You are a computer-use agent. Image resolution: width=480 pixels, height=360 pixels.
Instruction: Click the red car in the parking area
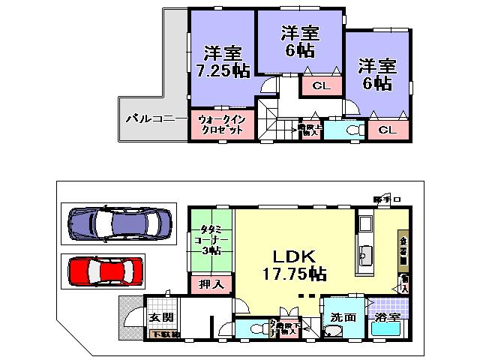point(105,270)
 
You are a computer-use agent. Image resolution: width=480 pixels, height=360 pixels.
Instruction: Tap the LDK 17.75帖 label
point(293,262)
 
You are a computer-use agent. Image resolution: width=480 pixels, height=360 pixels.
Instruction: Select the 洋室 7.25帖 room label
point(223,62)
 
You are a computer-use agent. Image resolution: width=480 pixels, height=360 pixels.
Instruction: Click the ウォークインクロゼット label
point(222,124)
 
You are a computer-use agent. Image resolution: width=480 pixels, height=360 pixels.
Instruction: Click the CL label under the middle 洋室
point(320,86)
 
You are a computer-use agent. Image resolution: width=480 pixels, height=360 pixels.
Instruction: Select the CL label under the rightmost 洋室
point(387,130)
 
